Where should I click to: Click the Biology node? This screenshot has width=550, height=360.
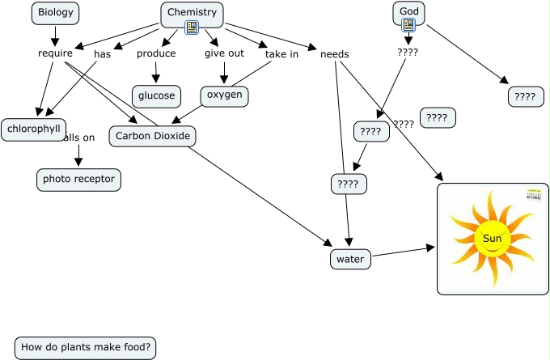pyautogui.click(x=55, y=13)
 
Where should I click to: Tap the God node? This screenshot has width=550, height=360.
pyautogui.click(x=408, y=11)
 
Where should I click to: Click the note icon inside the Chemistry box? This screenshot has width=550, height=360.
pyautogui.click(x=192, y=28)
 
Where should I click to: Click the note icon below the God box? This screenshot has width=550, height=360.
pyautogui.click(x=408, y=25)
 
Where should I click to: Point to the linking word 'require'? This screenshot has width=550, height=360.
pyautogui.click(x=55, y=53)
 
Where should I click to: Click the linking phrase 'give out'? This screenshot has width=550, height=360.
pyautogui.click(x=224, y=53)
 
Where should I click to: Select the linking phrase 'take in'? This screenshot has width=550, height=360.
pyautogui.click(x=281, y=54)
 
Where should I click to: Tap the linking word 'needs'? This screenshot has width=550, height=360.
pyautogui.click(x=334, y=54)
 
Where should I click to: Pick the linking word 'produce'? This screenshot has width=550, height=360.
pyautogui.click(x=156, y=53)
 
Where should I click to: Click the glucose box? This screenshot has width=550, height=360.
pyautogui.click(x=156, y=95)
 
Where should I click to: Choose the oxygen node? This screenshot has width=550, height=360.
pyautogui.click(x=224, y=95)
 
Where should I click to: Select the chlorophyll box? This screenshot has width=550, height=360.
pyautogui.click(x=33, y=129)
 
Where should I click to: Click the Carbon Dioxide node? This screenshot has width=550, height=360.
pyautogui.click(x=153, y=136)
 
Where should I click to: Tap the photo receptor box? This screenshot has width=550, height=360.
pyautogui.click(x=78, y=179)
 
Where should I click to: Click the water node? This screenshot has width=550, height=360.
pyautogui.click(x=350, y=259)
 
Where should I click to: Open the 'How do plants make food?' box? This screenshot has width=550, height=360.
pyautogui.click(x=85, y=348)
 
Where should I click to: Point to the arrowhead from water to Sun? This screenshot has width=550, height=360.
pyautogui.click(x=430, y=248)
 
